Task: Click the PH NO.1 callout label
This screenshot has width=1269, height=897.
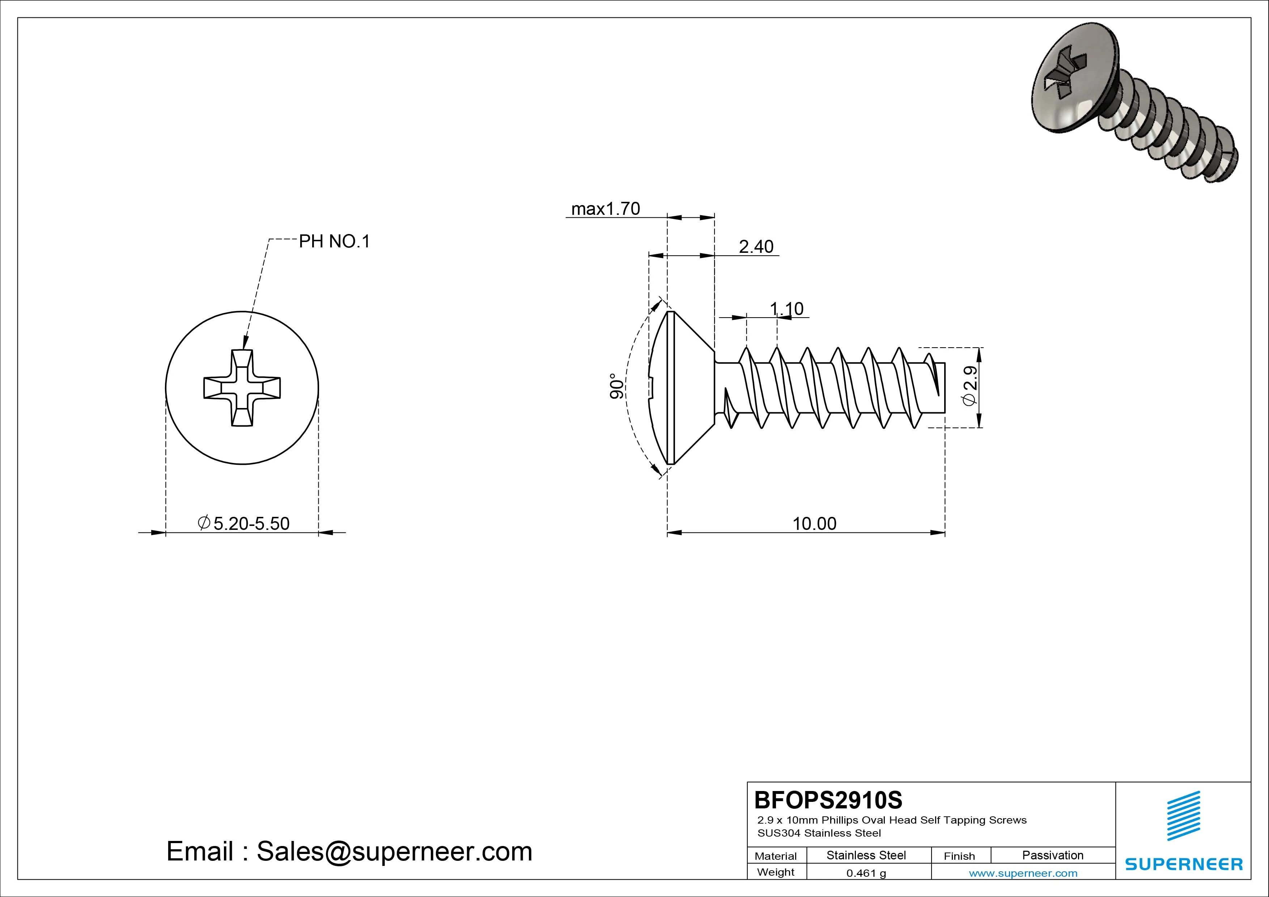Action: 334,242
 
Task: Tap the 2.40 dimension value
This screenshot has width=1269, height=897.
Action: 756,247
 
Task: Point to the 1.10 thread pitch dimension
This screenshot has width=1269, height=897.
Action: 786,309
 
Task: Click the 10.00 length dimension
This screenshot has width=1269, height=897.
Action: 814,523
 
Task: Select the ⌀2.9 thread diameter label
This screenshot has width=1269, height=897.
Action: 969,386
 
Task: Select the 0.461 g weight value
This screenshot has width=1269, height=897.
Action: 866,873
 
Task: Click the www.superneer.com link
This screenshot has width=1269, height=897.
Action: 1023,873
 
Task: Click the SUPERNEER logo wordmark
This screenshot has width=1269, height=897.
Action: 1184,864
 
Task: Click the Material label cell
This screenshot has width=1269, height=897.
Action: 776,856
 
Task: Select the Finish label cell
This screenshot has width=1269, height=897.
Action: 959,856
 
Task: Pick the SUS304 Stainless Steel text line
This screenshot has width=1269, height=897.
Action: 819,833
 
